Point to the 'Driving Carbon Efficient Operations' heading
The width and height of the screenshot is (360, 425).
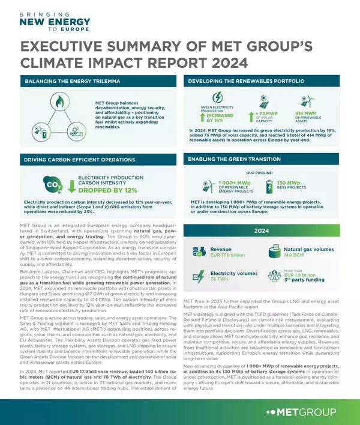point(80,160)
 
